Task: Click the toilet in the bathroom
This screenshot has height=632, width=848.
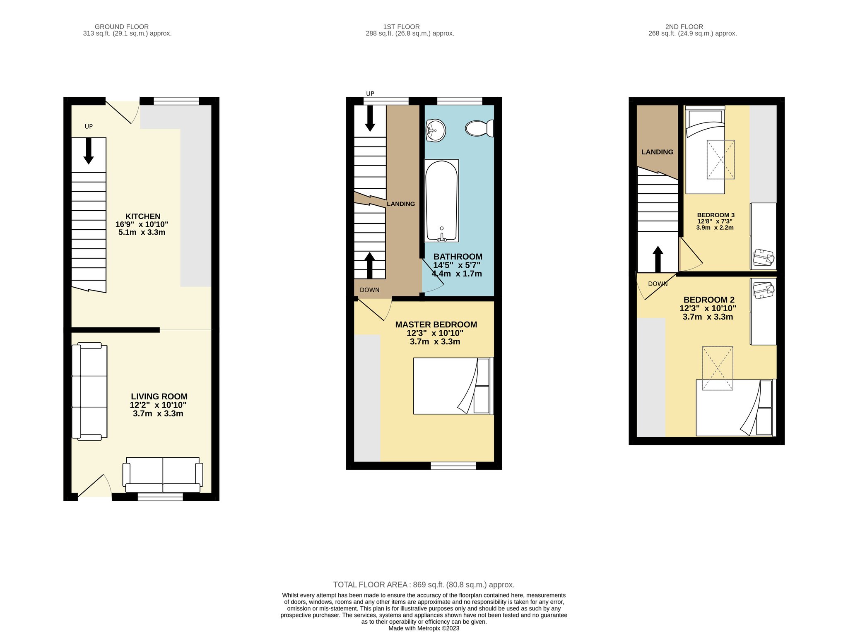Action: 479,128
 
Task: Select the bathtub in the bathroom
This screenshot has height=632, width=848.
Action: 441,200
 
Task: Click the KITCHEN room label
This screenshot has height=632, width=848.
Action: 143,216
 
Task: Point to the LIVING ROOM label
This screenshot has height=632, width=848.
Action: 159,397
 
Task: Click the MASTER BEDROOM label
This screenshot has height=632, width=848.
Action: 436,325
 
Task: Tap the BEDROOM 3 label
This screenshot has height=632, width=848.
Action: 716,215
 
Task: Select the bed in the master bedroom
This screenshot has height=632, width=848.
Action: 453,386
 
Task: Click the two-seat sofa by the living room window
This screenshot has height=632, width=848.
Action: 163,475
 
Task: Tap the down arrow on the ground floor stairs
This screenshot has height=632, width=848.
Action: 89,151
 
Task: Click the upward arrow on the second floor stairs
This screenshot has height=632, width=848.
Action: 658,260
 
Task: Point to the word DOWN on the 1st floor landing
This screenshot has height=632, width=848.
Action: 369,290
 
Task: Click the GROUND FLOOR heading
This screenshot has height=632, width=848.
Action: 122,27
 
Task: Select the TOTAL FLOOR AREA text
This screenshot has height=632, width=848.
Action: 424,585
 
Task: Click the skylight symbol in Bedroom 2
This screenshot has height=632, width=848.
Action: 718,368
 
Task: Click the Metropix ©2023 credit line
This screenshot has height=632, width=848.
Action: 424,628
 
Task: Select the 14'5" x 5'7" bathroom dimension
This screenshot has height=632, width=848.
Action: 457,265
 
